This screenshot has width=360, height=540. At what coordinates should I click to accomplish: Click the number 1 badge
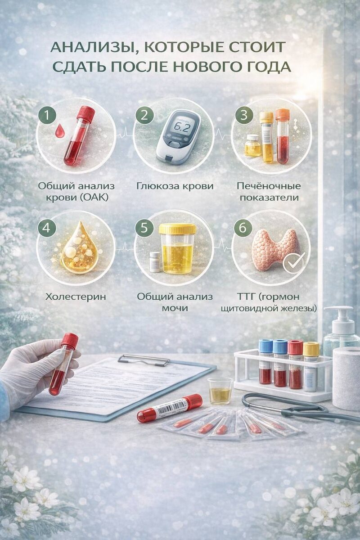(47, 115)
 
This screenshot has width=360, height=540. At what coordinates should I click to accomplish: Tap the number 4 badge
(47, 227)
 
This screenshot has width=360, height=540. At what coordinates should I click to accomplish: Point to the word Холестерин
(76, 297)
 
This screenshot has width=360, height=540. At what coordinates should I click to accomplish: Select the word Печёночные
(269, 186)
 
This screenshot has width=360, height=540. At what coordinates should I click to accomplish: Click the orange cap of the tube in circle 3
(283, 114)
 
